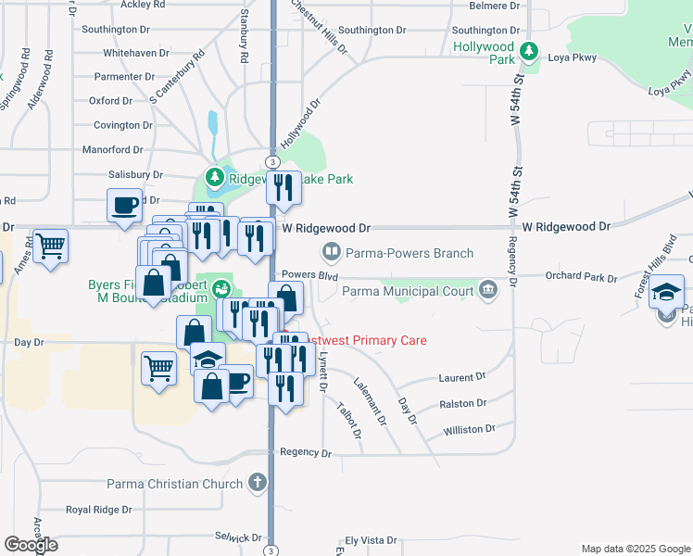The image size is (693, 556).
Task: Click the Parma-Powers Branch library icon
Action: pyautogui.click(x=331, y=252)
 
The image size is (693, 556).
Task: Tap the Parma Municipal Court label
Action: pyautogui.click(x=409, y=292)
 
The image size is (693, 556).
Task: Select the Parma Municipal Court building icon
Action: pyautogui.click(x=488, y=292)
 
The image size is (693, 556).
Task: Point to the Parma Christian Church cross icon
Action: pyautogui.click(x=258, y=483)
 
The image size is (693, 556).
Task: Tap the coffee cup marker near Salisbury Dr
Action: pyautogui.click(x=124, y=207)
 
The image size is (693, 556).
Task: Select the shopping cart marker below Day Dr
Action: pyautogui.click(x=158, y=368)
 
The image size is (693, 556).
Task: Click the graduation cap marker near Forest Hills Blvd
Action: pyautogui.click(x=666, y=294)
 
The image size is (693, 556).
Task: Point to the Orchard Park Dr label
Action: pyautogui.click(x=581, y=276)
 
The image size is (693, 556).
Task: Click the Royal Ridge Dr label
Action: pyautogui.click(x=98, y=510)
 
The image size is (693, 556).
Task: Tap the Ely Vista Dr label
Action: pyautogui.click(x=370, y=539)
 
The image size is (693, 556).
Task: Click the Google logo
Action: pyautogui.click(x=31, y=545)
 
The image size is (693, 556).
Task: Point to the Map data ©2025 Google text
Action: pyautogui.click(x=635, y=549)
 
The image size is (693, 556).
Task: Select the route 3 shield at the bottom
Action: pyautogui.click(x=271, y=550)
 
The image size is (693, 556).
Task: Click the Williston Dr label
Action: pyautogui.click(x=469, y=430)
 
